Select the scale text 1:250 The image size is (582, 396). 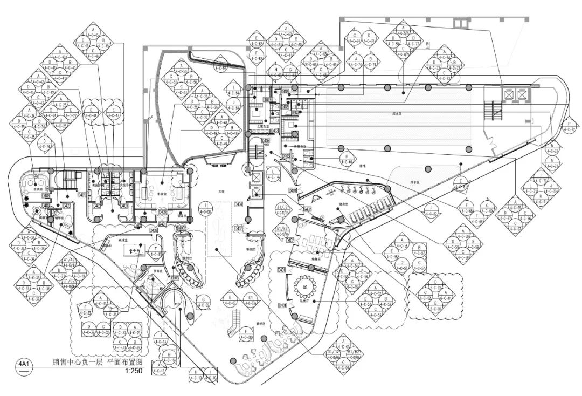(133, 371)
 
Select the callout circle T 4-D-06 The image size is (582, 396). (206, 208)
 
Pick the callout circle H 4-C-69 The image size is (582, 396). (347, 159)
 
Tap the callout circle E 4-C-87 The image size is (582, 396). (461, 183)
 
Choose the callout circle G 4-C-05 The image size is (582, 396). (203, 302)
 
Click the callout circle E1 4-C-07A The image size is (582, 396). (251, 300)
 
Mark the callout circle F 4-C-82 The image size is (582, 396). (431, 211)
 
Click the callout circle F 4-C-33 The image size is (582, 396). (156, 251)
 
